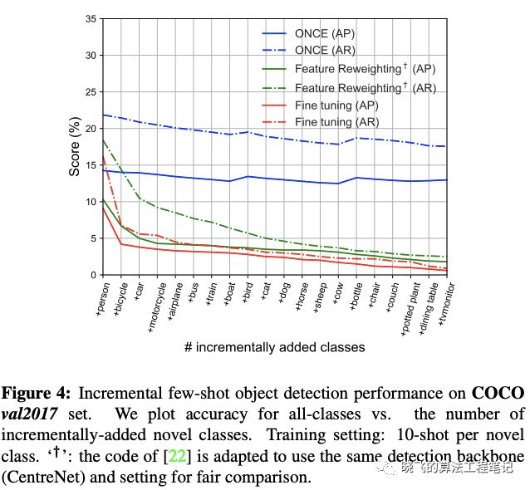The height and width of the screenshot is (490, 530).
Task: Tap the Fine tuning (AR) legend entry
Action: coord(336,122)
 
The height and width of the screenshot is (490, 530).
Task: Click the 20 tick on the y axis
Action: coord(89,129)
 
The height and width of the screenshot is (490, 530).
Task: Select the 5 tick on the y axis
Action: coord(92,238)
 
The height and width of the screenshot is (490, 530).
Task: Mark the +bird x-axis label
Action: coord(248,295)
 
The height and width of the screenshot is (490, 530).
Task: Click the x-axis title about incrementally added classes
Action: coord(274,347)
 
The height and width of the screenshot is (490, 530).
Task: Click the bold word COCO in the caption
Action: coord(498,392)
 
